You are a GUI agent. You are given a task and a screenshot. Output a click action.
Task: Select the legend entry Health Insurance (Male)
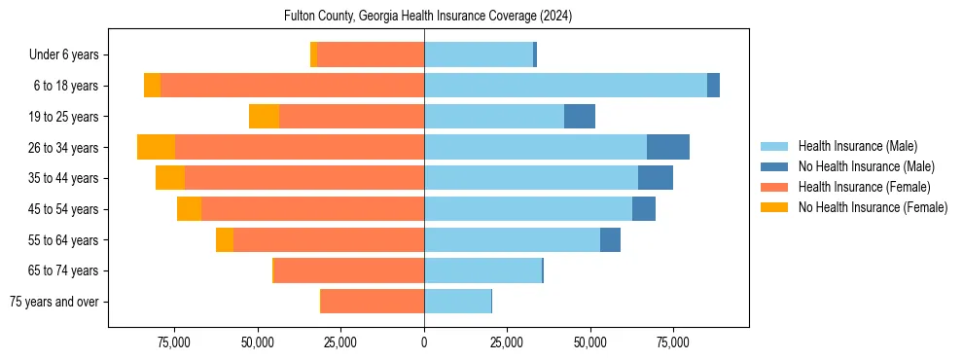pyautogui.click(x=857, y=146)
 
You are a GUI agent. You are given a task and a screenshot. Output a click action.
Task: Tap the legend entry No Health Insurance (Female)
pyautogui.click(x=873, y=207)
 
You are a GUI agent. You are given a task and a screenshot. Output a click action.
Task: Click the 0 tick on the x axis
pyautogui.click(x=424, y=342)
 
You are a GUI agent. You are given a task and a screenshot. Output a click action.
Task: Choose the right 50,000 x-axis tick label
pyautogui.click(x=589, y=342)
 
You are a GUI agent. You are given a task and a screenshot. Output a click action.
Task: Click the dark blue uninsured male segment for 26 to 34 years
pyautogui.click(x=668, y=147)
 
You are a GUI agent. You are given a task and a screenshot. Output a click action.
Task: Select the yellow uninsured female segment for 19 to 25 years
pyautogui.click(x=264, y=117)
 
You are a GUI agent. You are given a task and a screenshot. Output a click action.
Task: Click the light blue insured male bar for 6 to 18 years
pyautogui.click(x=565, y=86)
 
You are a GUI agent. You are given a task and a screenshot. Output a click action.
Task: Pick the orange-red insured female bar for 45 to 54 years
pyautogui.click(x=312, y=209)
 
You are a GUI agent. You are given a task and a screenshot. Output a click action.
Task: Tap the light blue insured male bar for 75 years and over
pyautogui.click(x=457, y=302)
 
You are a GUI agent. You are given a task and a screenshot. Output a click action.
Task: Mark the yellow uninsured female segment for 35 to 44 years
pyautogui.click(x=170, y=178)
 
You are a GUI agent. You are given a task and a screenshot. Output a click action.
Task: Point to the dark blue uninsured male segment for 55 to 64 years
pyautogui.click(x=610, y=239)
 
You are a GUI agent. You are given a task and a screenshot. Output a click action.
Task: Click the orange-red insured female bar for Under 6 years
pyautogui.click(x=371, y=54)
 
